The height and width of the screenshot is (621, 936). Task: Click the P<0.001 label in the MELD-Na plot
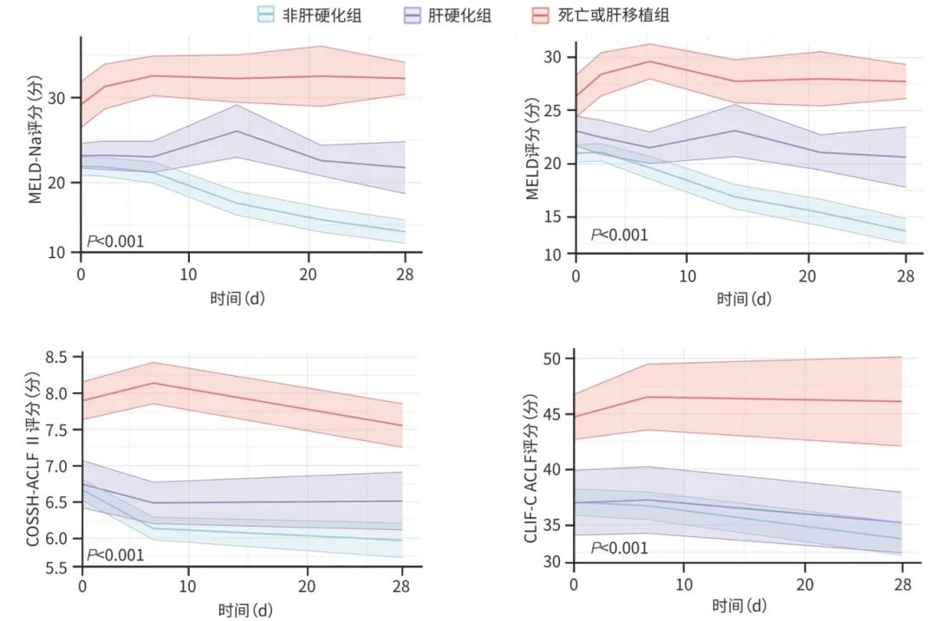pos(115,241)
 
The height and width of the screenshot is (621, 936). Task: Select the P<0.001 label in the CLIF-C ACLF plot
pos(619,547)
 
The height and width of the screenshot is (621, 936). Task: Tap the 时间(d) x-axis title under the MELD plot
pos(744,299)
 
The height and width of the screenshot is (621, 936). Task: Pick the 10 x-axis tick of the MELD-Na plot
pos(189,275)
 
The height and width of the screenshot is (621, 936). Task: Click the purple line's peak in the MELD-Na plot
pos(237,131)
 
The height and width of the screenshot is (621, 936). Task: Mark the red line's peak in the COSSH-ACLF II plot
pos(153,383)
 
